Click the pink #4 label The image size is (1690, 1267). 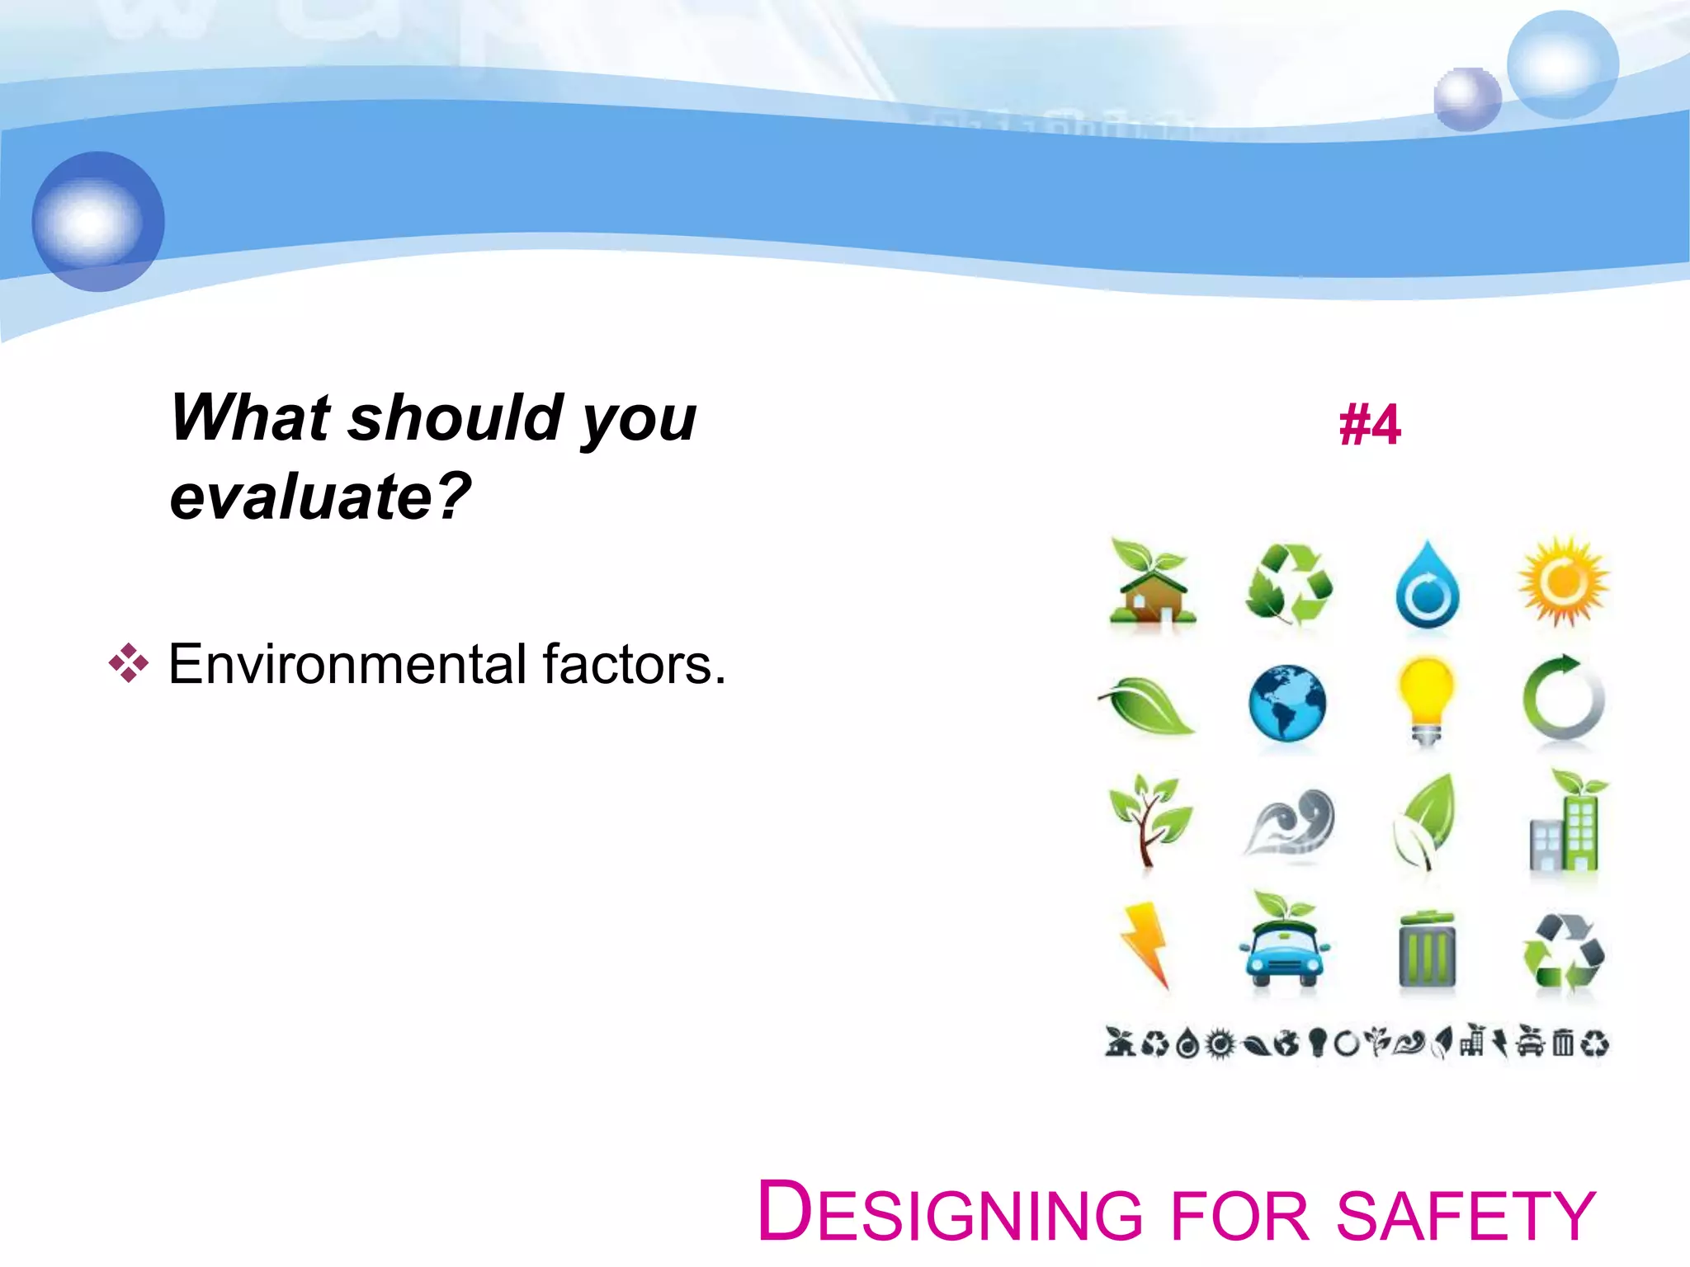[x=1369, y=426]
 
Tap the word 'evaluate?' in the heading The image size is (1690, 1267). [x=320, y=497]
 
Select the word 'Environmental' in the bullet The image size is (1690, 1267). [x=347, y=664]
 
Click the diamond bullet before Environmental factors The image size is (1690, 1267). [x=129, y=662]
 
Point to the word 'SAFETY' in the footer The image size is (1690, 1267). [x=1466, y=1215]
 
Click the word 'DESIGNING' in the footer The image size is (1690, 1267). [x=950, y=1213]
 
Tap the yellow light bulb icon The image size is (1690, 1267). [x=1426, y=699]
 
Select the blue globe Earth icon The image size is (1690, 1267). [x=1286, y=703]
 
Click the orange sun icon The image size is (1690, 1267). [x=1563, y=582]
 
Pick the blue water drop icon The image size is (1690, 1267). [x=1427, y=586]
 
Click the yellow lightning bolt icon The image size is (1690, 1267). [x=1147, y=944]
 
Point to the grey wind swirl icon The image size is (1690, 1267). [x=1289, y=824]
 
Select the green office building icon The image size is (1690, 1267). [x=1565, y=824]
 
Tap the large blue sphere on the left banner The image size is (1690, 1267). [x=98, y=221]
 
